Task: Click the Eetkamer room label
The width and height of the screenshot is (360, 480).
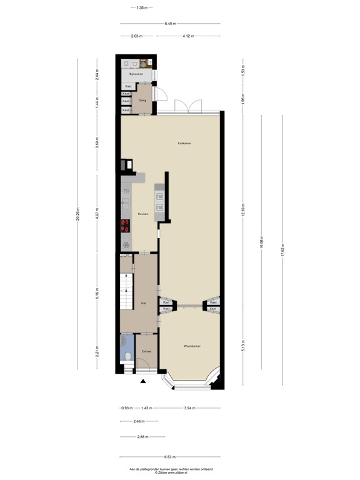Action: [x=184, y=143]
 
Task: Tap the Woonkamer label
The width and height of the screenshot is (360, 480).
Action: [x=192, y=346]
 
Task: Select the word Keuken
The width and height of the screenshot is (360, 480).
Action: [x=142, y=214]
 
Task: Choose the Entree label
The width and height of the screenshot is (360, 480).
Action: [x=146, y=352]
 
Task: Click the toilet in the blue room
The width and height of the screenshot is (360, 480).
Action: [x=127, y=356]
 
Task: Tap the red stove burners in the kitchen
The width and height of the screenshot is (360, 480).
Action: [x=125, y=226]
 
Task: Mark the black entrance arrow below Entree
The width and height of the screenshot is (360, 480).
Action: [x=143, y=381]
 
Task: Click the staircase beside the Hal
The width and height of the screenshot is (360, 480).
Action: [x=126, y=293]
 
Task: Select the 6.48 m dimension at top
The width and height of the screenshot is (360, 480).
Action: [x=169, y=24]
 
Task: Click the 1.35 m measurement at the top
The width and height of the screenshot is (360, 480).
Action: [x=141, y=7]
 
